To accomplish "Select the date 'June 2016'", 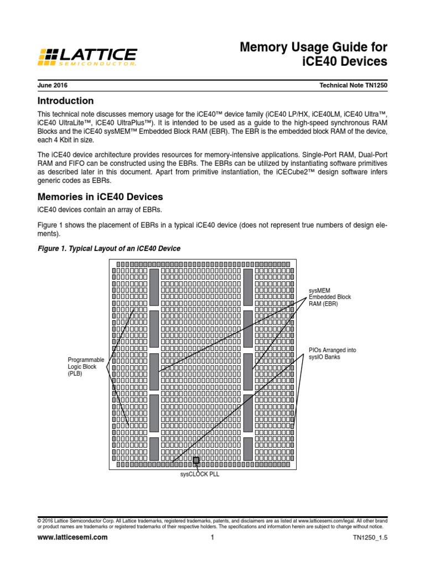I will [x=53, y=86].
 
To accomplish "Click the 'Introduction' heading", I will [x=65, y=101].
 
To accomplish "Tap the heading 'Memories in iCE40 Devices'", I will [x=100, y=197].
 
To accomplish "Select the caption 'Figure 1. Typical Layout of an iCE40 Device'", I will [x=108, y=249].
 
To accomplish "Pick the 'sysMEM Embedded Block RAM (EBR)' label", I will [x=330, y=297].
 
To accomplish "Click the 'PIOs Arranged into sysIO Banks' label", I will [x=332, y=353].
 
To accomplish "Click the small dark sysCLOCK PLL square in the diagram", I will [x=196, y=460].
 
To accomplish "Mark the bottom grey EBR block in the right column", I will [x=248, y=448].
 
